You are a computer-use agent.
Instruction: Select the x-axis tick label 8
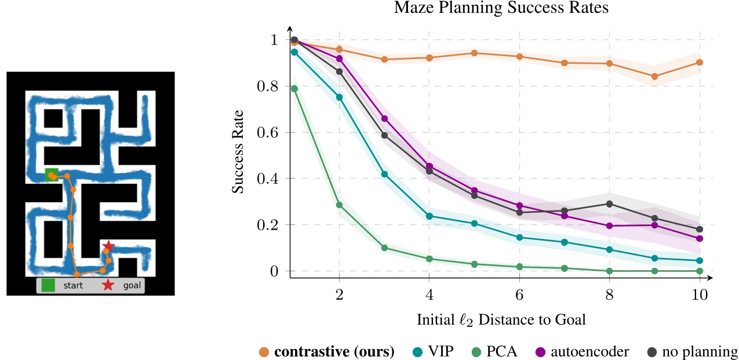pos(609,294)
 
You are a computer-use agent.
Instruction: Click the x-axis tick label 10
pos(700,294)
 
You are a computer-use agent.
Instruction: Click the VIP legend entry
pos(434,351)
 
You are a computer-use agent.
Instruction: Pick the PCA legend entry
pos(493,351)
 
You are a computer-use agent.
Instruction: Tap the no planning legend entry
pos(695,351)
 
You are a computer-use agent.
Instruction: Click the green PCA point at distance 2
pos(340,205)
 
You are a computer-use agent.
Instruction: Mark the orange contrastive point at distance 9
pos(654,77)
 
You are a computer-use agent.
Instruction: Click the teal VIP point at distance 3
pos(385,174)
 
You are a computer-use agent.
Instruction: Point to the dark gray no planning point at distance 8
pos(609,203)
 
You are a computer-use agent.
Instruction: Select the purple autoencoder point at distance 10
pos(700,238)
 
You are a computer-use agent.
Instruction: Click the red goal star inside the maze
pos(108,247)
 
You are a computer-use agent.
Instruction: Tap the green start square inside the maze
pos(51,174)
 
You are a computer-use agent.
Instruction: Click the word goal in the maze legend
pos(132,285)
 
